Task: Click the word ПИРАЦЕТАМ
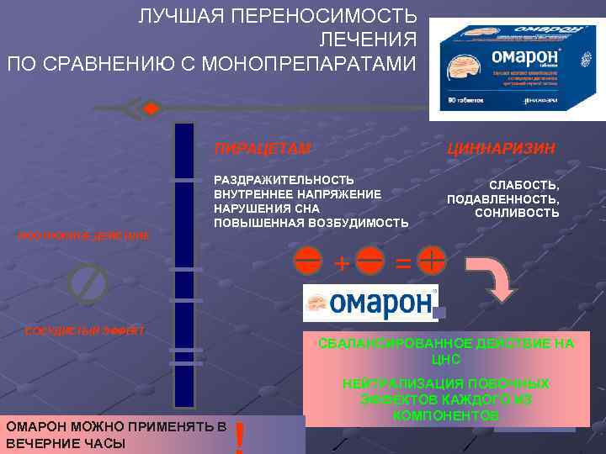263,149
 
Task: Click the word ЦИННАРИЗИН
502,149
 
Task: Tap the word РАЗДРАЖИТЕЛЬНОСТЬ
284,180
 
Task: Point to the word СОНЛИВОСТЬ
518,214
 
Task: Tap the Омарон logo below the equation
371,304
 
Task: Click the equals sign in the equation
403,262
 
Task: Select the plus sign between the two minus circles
342,262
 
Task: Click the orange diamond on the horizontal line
150,108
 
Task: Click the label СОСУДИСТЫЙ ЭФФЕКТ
85,330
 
